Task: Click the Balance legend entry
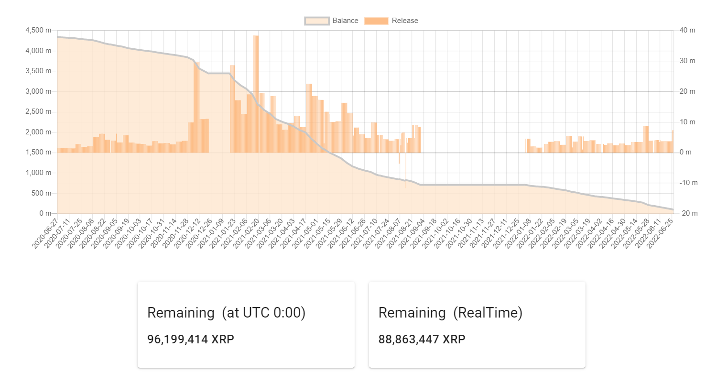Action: [x=331, y=21]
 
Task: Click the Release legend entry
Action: [x=391, y=21]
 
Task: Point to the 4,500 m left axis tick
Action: [x=38, y=31]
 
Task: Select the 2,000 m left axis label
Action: [x=38, y=132]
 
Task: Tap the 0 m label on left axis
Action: [x=45, y=213]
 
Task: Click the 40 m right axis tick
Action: [x=687, y=31]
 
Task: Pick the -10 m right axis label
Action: [x=688, y=183]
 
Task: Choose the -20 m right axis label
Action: [x=688, y=213]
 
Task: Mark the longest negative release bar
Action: [x=406, y=170]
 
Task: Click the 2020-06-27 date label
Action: [x=45, y=234]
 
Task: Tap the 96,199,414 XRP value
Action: [x=191, y=339]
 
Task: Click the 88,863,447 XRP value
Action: [x=422, y=339]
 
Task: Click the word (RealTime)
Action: [x=488, y=313]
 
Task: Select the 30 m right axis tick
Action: [x=687, y=61]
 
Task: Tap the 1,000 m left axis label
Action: [x=38, y=173]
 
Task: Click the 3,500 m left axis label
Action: [x=38, y=71]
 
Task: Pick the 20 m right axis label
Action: [x=687, y=91]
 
